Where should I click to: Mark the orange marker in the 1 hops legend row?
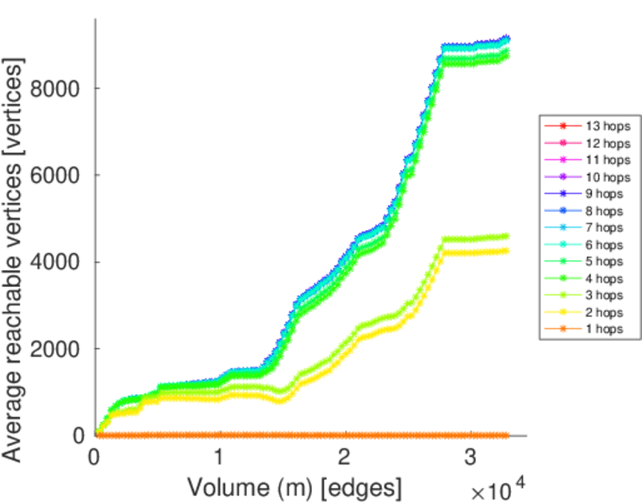pyautogui.click(x=562, y=330)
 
